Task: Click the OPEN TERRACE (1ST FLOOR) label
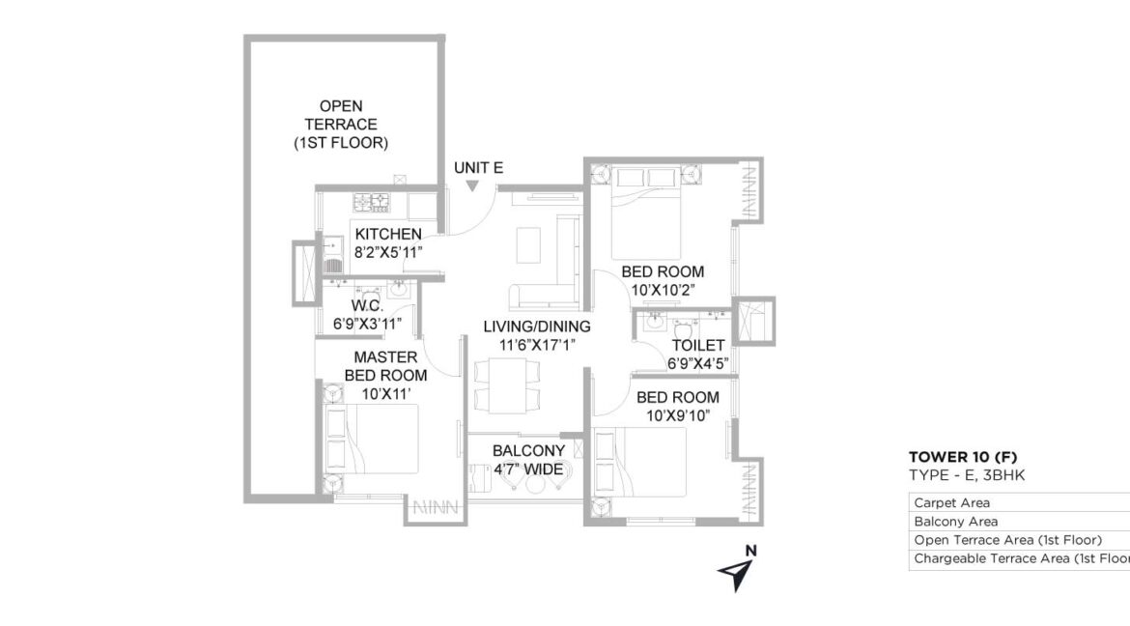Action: [341, 124]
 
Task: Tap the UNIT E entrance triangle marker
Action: [472, 186]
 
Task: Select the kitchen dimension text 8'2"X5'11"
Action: [387, 252]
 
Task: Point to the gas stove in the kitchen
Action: [372, 203]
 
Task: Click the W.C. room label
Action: [368, 306]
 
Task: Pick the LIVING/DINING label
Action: [537, 327]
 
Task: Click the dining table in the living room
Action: [507, 385]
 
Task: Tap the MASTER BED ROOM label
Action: [385, 365]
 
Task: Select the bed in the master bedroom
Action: [371, 439]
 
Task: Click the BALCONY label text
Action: [529, 451]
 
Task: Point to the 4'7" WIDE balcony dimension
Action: [529, 469]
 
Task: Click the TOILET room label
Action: [698, 346]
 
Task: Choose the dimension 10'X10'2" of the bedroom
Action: [663, 290]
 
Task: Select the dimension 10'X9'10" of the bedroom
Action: [678, 415]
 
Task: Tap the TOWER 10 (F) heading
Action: [963, 457]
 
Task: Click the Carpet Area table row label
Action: [951, 502]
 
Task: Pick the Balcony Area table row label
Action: [955, 522]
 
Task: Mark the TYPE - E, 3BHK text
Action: [967, 475]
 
